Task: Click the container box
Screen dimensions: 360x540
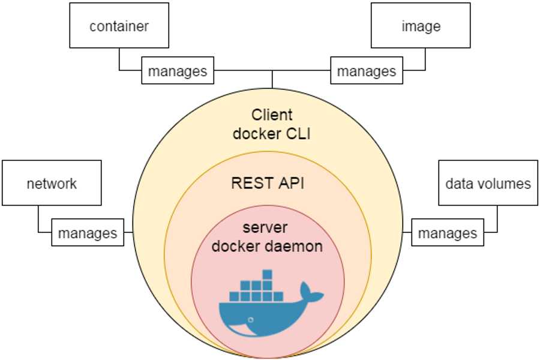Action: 119,26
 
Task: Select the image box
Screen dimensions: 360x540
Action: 421,26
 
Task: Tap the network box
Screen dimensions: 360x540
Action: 52,183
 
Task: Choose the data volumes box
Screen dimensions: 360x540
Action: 488,183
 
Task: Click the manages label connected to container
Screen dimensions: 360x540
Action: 178,71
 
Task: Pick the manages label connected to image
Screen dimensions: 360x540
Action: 367,71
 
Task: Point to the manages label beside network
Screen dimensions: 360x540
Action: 88,232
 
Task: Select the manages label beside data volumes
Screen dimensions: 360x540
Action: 448,232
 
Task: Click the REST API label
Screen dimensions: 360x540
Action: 268,183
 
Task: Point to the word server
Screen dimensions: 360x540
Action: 268,228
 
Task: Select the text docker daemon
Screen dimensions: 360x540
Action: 268,246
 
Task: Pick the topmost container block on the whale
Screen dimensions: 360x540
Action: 268,275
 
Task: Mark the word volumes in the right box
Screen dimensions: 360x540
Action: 506,183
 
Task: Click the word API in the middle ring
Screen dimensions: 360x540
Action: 292,183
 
